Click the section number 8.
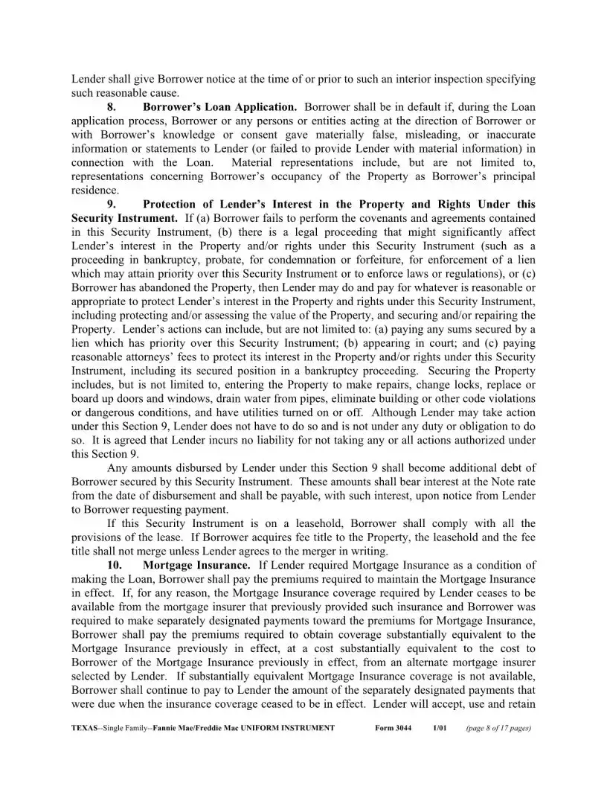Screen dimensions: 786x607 point(112,107)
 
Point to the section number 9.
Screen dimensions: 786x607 point(112,204)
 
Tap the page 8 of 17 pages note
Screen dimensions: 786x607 point(498,728)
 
